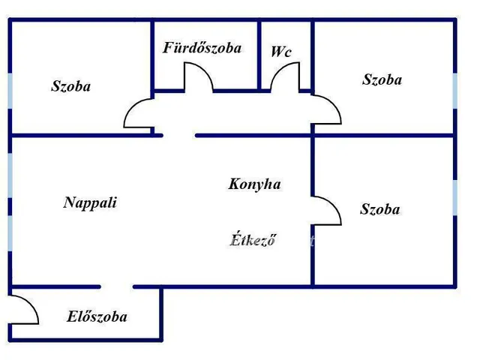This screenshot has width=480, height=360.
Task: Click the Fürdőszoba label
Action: (x=202, y=48)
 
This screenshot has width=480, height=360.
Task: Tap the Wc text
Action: (x=281, y=52)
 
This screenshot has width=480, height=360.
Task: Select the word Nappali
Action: (x=90, y=202)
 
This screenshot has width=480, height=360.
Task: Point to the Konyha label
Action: (x=254, y=184)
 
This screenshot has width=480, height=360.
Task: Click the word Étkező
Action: (x=253, y=239)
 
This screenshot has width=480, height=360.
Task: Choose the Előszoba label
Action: (x=97, y=316)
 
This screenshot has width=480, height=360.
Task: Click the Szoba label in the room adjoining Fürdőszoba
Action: (x=70, y=86)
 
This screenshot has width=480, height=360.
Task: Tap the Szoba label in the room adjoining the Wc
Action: (x=382, y=79)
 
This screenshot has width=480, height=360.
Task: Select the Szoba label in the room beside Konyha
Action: (x=380, y=209)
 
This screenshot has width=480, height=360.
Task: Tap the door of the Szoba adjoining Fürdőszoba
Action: (x=132, y=106)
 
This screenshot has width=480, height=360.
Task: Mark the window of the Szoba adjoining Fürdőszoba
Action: (x=10, y=91)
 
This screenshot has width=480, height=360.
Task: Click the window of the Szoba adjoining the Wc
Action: (x=455, y=91)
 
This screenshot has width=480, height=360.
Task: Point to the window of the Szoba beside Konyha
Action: (x=455, y=197)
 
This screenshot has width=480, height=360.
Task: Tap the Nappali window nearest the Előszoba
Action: (x=10, y=233)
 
